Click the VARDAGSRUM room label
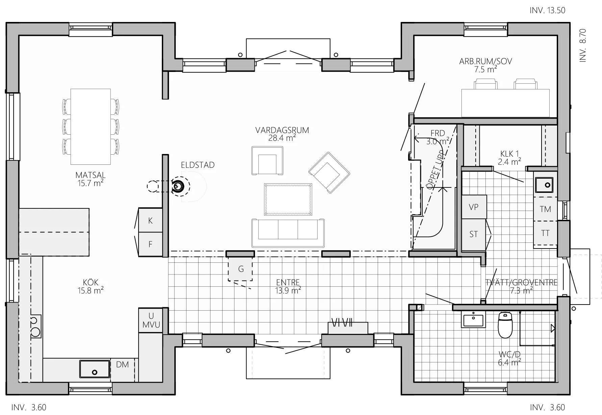point(282,130)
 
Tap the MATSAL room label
point(90,175)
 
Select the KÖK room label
point(91,282)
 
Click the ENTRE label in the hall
point(288,283)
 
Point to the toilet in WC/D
point(505,325)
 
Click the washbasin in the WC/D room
point(473,319)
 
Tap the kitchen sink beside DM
point(95,369)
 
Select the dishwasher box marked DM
point(122,369)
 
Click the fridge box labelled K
point(151,220)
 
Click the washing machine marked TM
point(545,209)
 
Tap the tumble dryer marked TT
point(545,233)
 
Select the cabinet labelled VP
point(474,207)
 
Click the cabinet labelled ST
point(474,234)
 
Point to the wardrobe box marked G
point(241,269)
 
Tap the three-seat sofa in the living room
point(288,233)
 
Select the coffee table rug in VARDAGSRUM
point(288,199)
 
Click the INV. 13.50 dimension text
point(547,10)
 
